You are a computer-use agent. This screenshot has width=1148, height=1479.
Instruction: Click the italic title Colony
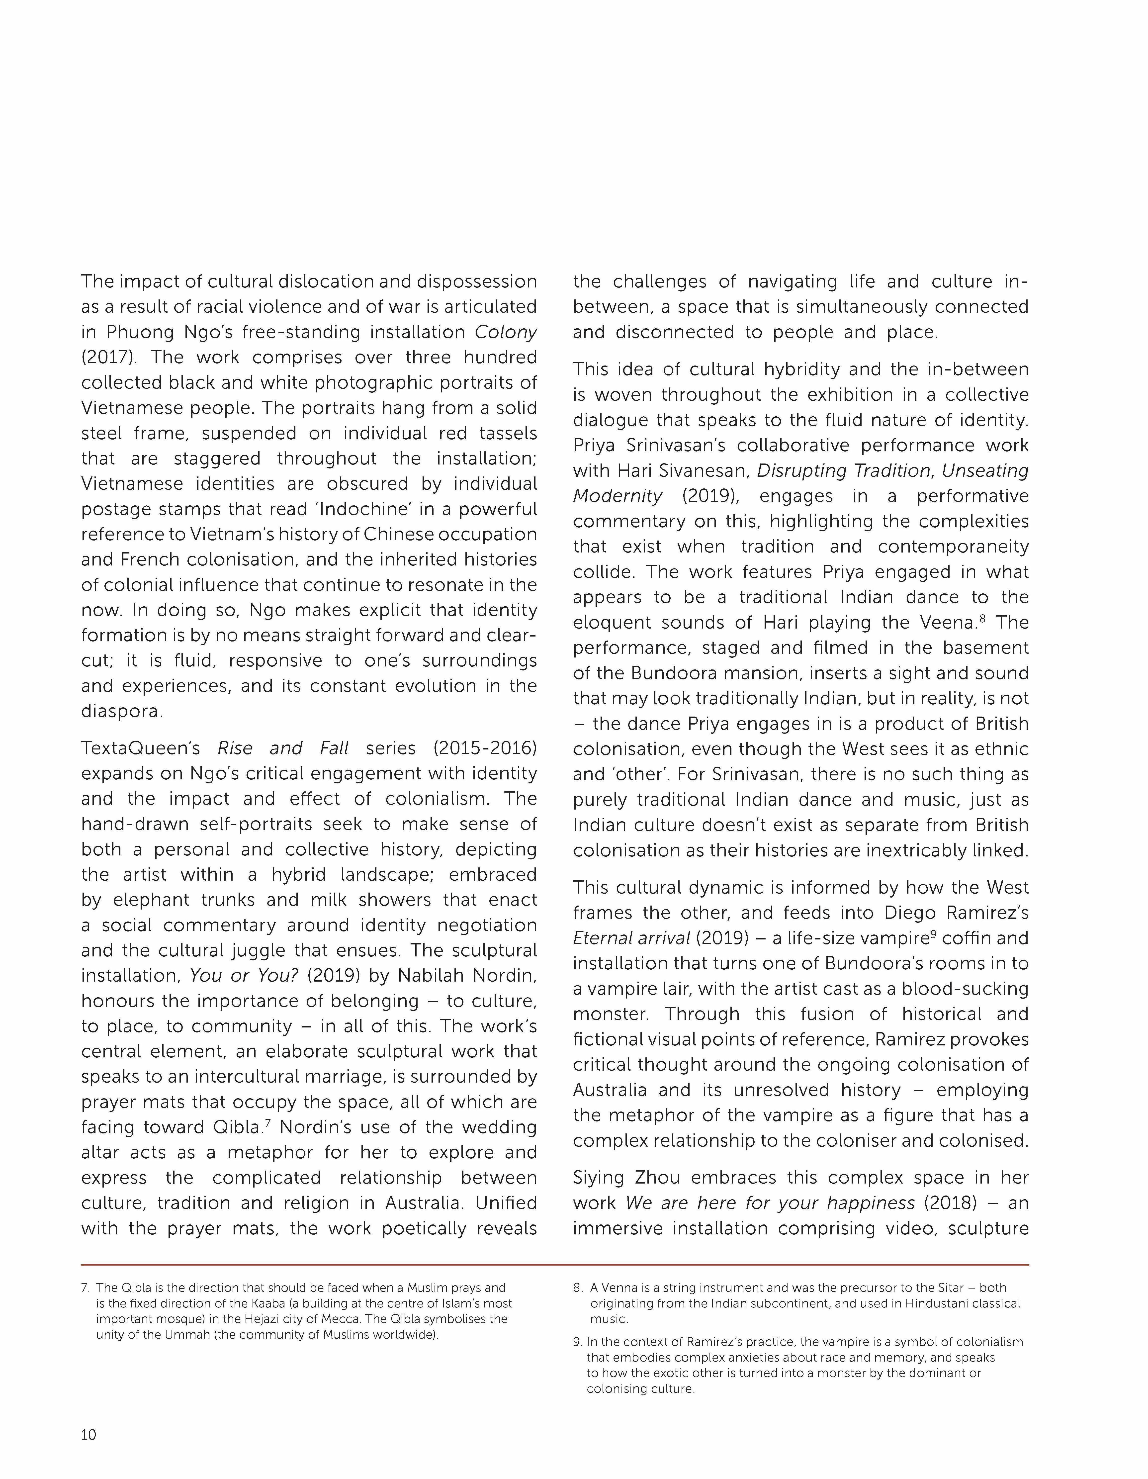click(x=505, y=332)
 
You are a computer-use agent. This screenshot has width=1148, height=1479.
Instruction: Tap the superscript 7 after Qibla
click(x=268, y=1123)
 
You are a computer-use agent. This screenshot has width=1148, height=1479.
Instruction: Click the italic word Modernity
click(x=617, y=496)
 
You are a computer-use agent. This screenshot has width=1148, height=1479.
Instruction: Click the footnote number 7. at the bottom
click(x=85, y=1287)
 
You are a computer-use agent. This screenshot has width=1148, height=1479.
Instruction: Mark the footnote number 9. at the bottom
click(x=578, y=1342)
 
